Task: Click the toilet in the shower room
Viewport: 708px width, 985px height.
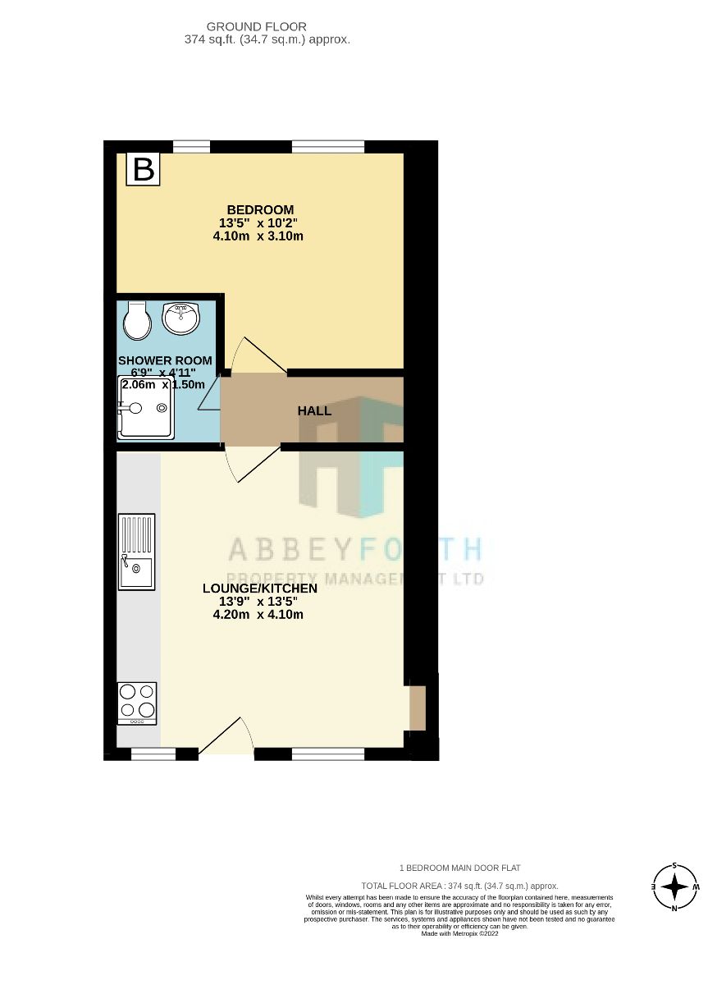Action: (x=137, y=320)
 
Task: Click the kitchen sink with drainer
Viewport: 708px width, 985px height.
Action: (x=136, y=551)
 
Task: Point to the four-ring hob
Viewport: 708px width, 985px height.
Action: (x=137, y=703)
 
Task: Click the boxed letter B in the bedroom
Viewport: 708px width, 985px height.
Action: (x=144, y=170)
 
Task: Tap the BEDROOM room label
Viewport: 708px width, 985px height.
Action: (x=260, y=209)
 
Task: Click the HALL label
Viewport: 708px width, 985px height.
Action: (x=314, y=410)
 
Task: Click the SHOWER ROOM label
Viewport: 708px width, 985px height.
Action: (x=165, y=360)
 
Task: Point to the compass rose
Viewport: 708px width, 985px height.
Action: (x=674, y=887)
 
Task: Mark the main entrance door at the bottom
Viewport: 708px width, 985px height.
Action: (x=226, y=735)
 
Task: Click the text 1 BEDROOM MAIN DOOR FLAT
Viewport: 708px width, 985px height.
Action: (x=459, y=868)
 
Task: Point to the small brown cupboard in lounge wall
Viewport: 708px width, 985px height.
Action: (x=418, y=708)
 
